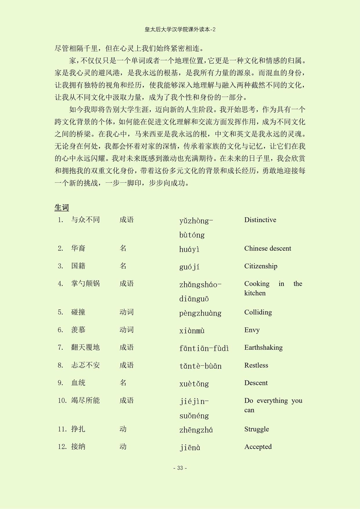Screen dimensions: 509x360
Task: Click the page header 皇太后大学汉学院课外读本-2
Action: pyautogui.click(x=180, y=30)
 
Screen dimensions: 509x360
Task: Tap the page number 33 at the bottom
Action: pyautogui.click(x=180, y=468)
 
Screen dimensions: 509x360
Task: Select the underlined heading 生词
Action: pyautogui.click(x=61, y=207)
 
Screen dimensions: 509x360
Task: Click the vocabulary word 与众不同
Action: pyautogui.click(x=85, y=220)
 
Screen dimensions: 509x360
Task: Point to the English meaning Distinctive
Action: pyautogui.click(x=260, y=220)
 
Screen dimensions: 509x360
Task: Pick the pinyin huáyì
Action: pyautogui.click(x=189, y=249)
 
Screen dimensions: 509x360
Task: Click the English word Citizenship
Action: pyautogui.click(x=261, y=266)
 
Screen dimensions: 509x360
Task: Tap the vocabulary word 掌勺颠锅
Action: pyautogui.click(x=85, y=283)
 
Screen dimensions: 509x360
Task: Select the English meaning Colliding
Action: pyautogui.click(x=258, y=312)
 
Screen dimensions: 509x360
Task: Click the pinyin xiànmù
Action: pyautogui.click(x=192, y=330)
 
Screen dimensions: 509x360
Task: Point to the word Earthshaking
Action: pyautogui.click(x=263, y=347)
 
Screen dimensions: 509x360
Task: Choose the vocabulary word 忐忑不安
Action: pyautogui.click(x=85, y=365)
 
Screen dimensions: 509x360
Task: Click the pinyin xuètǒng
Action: pyautogui.click(x=194, y=384)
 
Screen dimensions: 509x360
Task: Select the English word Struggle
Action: pyautogui.click(x=257, y=429)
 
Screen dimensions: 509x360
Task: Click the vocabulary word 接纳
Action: pyautogui.click(x=78, y=447)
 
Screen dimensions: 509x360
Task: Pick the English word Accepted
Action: pyautogui.click(x=258, y=447)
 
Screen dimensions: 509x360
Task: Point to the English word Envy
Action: pyautogui.click(x=252, y=330)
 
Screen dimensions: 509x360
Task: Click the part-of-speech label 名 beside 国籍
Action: pyautogui.click(x=123, y=266)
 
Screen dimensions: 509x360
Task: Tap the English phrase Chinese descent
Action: pyautogui.click(x=268, y=248)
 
